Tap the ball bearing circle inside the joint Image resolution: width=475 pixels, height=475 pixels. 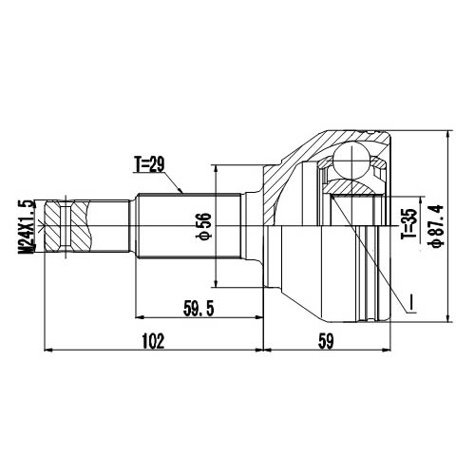[353, 161]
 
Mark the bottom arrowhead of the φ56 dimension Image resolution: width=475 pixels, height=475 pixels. [218, 286]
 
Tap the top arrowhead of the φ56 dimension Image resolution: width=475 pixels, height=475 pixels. [218, 165]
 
